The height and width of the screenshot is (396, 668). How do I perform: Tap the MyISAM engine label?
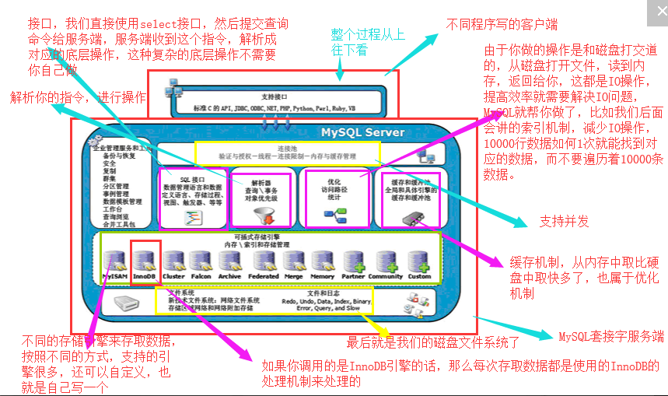[x=114, y=276]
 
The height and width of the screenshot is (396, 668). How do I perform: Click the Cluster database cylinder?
[x=173, y=260]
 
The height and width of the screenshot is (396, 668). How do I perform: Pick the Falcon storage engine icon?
[x=201, y=260]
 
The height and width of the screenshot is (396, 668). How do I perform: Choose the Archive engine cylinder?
[x=229, y=260]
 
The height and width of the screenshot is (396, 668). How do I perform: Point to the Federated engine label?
[x=264, y=276]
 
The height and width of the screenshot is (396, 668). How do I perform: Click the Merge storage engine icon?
[x=293, y=260]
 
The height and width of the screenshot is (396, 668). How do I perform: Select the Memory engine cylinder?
[x=323, y=260]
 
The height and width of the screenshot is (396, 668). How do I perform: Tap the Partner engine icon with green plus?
[x=353, y=261]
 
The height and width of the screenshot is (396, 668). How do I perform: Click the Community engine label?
[x=386, y=276]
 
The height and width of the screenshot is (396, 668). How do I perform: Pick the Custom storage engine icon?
[x=418, y=261]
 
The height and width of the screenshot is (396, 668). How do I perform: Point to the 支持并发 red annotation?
[x=564, y=222]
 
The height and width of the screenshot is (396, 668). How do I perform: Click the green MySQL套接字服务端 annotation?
[x=611, y=336]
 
